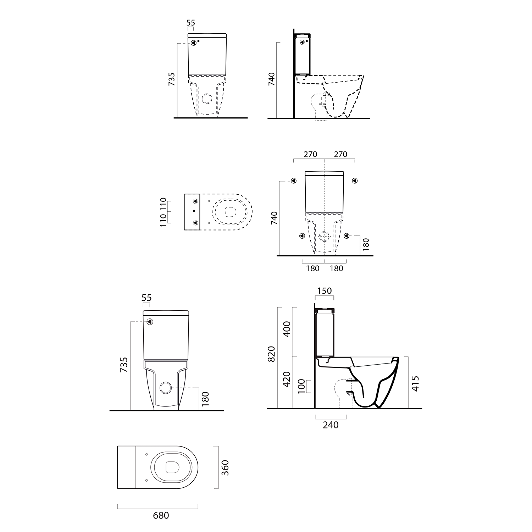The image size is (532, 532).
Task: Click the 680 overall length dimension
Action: [x=161, y=515]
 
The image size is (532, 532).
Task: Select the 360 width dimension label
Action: [x=225, y=468]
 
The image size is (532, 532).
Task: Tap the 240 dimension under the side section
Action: [x=331, y=425]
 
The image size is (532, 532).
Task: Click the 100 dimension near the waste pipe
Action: [x=301, y=386]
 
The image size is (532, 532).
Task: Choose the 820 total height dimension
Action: [x=271, y=354]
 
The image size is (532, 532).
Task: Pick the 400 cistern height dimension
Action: [x=287, y=329]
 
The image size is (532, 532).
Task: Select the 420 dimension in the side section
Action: [x=287, y=379]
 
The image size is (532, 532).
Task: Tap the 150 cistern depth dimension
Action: [x=324, y=291]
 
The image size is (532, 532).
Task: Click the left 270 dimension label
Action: [x=310, y=154]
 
